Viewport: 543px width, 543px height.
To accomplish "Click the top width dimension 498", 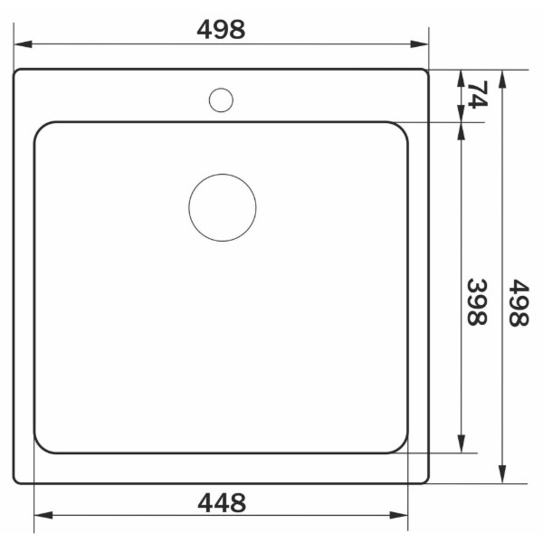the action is [221, 30].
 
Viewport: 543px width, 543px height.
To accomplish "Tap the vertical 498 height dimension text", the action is [519, 303].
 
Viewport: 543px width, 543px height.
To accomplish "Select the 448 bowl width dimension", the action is [222, 503].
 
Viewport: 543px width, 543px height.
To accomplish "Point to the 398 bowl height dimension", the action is [477, 302].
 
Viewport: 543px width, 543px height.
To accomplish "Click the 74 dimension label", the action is [478, 94].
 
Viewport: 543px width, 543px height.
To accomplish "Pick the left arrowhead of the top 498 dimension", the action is [23, 44].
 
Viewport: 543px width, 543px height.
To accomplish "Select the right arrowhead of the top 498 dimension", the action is [419, 44].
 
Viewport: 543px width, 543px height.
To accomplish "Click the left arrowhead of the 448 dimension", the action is [43, 515].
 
